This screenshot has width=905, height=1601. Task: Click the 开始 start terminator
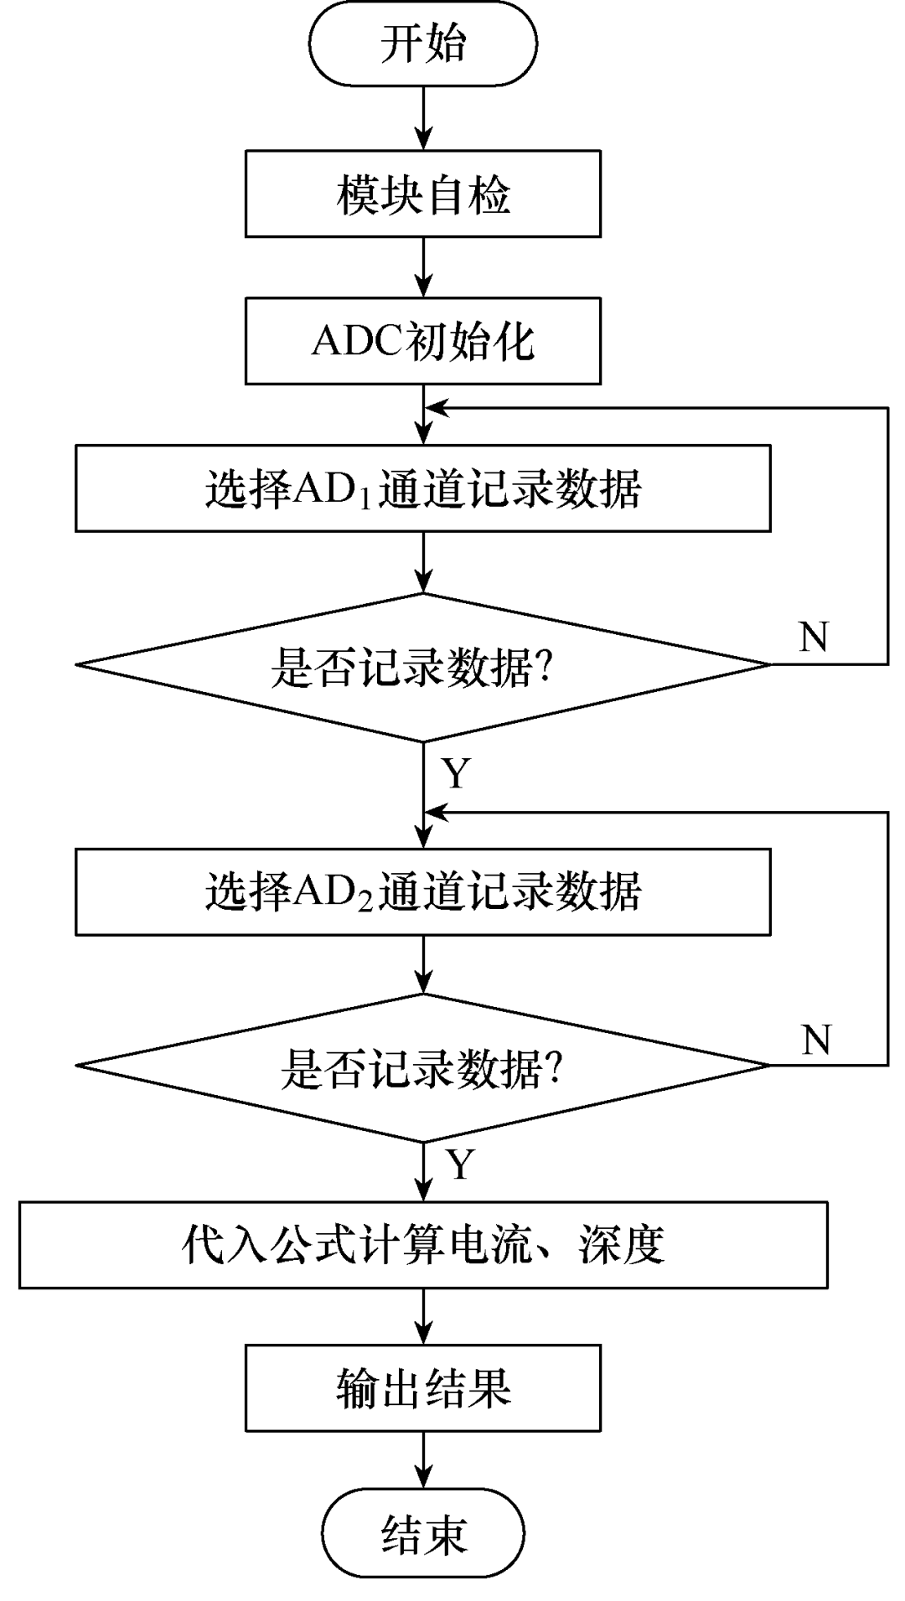click(x=422, y=44)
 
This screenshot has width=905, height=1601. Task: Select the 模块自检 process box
click(x=422, y=194)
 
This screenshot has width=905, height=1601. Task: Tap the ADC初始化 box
click(x=422, y=342)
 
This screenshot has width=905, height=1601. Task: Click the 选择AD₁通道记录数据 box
click(x=422, y=488)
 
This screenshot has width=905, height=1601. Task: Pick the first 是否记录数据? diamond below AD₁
click(x=422, y=667)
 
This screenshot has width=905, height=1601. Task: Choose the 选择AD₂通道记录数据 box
click(x=422, y=892)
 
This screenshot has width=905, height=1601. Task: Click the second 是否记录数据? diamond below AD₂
click(x=422, y=1067)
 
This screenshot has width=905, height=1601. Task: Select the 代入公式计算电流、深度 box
click(x=422, y=1245)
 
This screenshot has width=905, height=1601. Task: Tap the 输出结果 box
click(x=422, y=1388)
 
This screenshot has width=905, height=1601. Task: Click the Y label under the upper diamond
click(x=457, y=773)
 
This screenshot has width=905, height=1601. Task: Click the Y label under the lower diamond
click(x=460, y=1165)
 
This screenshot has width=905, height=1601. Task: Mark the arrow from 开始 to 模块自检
click(x=424, y=118)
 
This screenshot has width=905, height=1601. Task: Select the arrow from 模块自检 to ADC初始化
click(x=424, y=267)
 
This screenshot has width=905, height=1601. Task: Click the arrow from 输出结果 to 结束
click(x=424, y=1462)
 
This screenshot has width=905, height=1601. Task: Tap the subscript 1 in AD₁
click(x=366, y=498)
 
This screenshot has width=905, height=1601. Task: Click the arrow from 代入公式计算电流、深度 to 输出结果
click(x=424, y=1316)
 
